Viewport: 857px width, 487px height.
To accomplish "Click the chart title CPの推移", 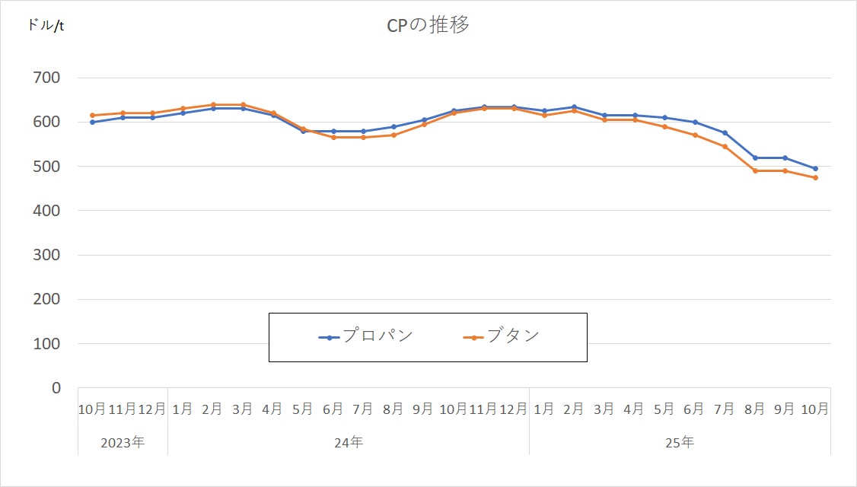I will [427, 25].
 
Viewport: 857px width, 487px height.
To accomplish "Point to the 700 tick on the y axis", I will [46, 78].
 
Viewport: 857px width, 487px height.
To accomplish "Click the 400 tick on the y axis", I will [46, 211].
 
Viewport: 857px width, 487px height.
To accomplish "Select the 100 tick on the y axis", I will [46, 344].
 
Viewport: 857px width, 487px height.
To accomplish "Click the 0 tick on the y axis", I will [56, 388].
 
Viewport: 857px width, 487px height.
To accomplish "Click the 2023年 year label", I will [123, 441].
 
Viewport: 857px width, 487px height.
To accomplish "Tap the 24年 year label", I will [349, 441].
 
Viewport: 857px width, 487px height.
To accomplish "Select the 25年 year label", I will [680, 441].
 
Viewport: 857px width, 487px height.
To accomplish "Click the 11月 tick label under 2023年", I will [123, 409].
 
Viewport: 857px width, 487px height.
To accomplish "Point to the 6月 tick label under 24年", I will [333, 409].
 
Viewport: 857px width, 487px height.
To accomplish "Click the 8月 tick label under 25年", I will [755, 409].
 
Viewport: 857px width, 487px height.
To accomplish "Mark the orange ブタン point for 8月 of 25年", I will [755, 170].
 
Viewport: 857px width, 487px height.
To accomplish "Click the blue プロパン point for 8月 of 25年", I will [755, 158].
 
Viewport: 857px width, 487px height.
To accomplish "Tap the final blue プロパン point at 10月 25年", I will [815, 169].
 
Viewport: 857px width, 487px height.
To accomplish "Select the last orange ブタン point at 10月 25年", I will [815, 177].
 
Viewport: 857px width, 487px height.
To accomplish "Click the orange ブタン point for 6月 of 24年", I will [333, 137].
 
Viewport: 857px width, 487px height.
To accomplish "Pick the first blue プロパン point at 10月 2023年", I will [93, 122].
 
